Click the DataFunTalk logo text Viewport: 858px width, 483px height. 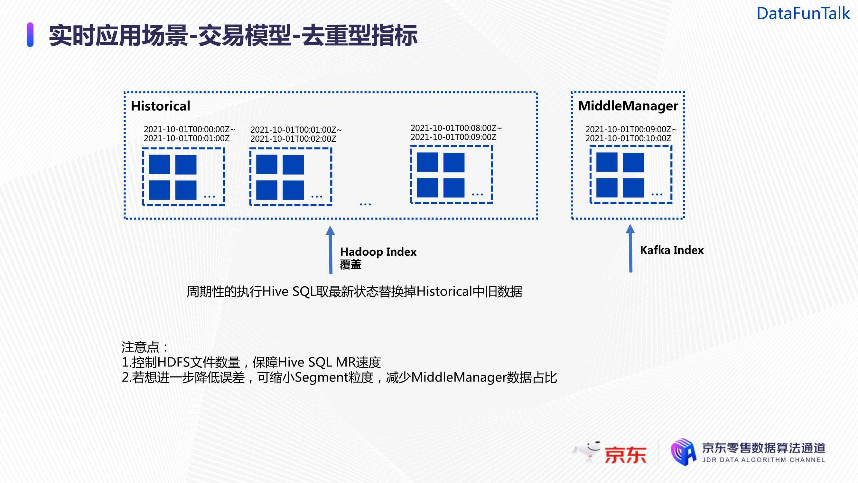coord(803,14)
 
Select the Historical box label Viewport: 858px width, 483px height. coord(160,106)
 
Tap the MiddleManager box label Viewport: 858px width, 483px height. coord(628,106)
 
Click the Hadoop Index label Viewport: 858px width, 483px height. coord(378,252)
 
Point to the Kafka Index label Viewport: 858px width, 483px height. coord(671,250)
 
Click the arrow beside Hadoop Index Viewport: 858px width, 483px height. coord(331,250)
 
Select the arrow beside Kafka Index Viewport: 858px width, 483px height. coord(630,248)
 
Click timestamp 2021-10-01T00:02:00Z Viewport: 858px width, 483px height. coord(293,139)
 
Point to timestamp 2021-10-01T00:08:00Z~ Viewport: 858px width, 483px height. coord(456,128)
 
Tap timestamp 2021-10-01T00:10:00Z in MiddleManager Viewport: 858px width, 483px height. coord(628,138)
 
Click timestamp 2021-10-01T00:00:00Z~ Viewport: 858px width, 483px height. coord(189,129)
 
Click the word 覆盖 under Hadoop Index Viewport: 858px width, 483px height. coord(350,265)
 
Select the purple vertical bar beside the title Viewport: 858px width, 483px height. coord(30,35)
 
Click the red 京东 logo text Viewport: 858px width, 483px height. coord(625,454)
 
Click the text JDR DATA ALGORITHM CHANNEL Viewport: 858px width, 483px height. coord(763,460)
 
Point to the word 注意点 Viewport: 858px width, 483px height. coord(141,347)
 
